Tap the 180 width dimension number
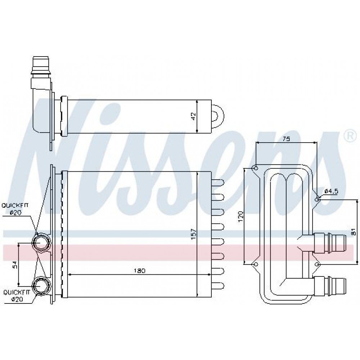(140, 271)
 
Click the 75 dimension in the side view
(286, 139)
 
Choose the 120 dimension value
(240, 216)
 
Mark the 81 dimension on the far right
(354, 231)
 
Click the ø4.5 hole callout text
(332, 191)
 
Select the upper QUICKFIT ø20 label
(15, 209)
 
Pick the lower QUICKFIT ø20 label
(17, 296)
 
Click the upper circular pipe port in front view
(40, 242)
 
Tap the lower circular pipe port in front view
(41, 286)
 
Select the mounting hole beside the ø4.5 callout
(317, 200)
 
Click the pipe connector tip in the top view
(41, 65)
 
